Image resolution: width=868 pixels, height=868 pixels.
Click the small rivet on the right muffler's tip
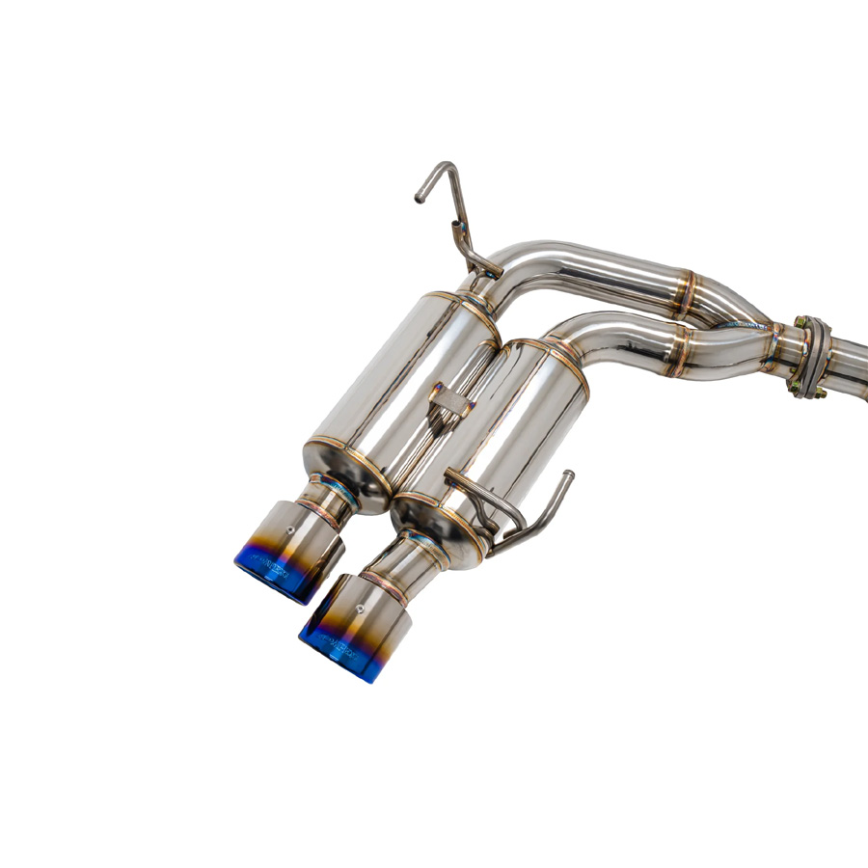(361, 609)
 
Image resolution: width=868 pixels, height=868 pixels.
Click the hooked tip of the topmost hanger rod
(420, 198)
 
